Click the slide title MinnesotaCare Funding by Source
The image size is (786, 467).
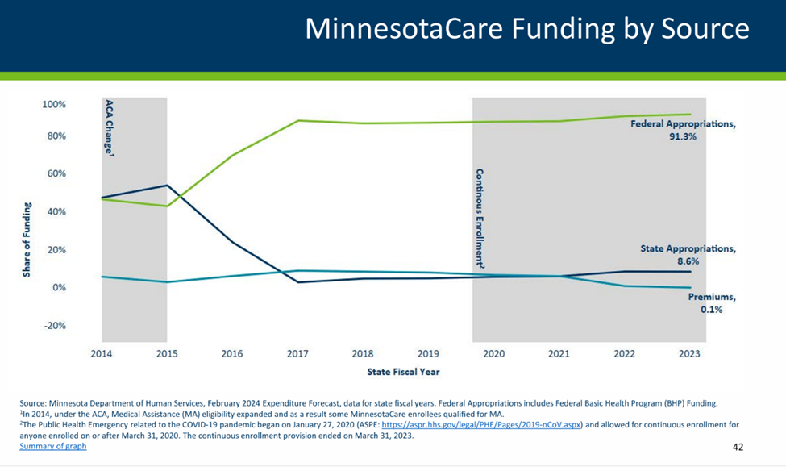pyautogui.click(x=526, y=30)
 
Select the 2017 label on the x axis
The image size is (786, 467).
pyautogui.click(x=298, y=354)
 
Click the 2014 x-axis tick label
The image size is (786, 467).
pyautogui.click(x=102, y=354)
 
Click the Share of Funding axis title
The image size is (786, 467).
pyautogui.click(x=27, y=240)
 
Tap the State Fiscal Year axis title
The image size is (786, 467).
pyautogui.click(x=403, y=372)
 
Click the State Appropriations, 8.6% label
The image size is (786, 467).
pyautogui.click(x=688, y=255)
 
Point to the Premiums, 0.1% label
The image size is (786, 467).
pyautogui.click(x=711, y=303)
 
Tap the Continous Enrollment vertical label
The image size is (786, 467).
pyautogui.click(x=480, y=219)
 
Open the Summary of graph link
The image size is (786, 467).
pyautogui.click(x=53, y=446)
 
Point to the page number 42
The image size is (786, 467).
pyautogui.click(x=738, y=448)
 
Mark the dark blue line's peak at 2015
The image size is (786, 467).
pyautogui.click(x=167, y=186)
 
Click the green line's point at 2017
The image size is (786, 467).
pyautogui.click(x=298, y=121)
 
